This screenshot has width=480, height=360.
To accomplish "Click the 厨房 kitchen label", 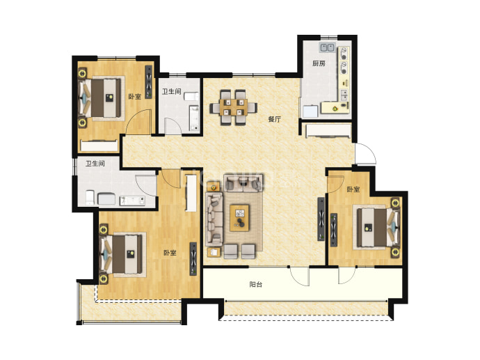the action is (x=319, y=63).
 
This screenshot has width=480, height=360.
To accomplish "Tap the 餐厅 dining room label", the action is (x=274, y=119).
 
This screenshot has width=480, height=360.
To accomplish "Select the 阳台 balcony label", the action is (x=255, y=284).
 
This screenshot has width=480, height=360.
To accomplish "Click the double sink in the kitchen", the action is (x=327, y=47).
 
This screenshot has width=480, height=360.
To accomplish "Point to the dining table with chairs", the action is (x=233, y=107).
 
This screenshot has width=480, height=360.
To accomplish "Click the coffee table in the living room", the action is (x=240, y=217).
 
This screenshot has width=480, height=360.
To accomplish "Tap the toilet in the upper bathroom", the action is (x=192, y=97).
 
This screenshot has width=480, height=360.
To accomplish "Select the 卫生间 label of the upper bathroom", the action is (x=171, y=91).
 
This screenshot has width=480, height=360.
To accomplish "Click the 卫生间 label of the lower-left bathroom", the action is (x=95, y=164).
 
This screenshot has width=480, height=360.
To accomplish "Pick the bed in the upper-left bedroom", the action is (x=101, y=98).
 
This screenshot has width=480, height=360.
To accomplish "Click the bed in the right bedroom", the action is (x=378, y=227).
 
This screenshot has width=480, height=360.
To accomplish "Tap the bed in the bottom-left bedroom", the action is (x=122, y=254).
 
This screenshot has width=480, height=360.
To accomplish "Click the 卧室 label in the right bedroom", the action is (x=353, y=189).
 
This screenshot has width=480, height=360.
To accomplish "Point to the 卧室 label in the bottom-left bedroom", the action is (x=170, y=253).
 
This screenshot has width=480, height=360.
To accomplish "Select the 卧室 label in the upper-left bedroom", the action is (x=135, y=97).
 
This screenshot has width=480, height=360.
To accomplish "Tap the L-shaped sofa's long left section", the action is (x=214, y=219).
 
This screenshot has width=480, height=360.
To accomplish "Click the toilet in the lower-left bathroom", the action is (x=90, y=197).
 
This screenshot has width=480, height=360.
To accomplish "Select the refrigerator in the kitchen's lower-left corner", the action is (x=310, y=111).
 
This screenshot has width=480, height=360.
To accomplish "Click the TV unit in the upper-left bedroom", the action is (x=149, y=81).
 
